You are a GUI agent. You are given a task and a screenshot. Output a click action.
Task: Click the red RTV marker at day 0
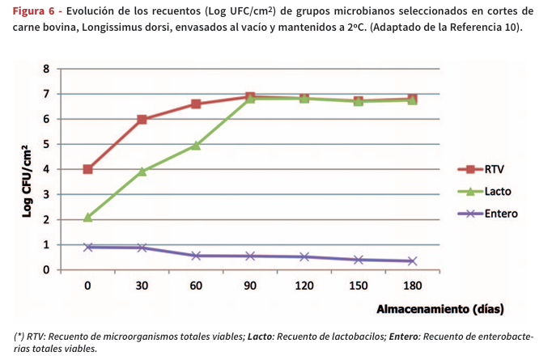tap(87, 169)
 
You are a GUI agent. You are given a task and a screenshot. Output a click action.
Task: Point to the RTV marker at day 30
tap(142, 120)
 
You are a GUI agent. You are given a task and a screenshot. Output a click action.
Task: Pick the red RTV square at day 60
tap(196, 104)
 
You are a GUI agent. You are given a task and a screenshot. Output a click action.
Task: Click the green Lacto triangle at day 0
tap(87, 217)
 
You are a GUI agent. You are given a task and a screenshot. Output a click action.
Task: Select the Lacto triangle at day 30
tap(142, 172)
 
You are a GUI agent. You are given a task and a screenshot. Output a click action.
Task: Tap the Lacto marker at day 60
tap(196, 146)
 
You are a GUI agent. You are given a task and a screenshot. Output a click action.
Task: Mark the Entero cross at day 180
tap(412, 260)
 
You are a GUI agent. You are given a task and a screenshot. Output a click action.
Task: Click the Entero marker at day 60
tap(196, 256)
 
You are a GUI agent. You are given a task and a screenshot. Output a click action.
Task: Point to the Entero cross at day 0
tap(87, 247)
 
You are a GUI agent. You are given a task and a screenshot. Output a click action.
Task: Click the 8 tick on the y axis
tap(47, 70)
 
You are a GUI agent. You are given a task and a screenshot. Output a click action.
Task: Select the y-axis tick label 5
tap(47, 145)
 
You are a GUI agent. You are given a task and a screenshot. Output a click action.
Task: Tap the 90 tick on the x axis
tap(249, 285)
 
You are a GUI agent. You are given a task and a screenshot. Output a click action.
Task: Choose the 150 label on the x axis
tap(358, 285)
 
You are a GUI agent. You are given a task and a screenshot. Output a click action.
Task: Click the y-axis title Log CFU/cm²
tap(27, 180)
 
